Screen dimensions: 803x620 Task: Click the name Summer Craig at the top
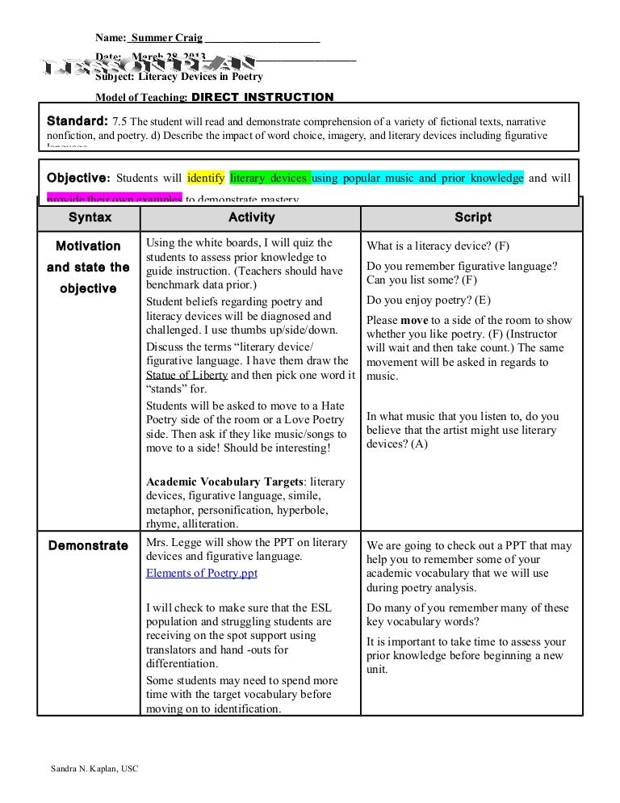167,38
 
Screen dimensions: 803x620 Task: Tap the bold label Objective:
77,178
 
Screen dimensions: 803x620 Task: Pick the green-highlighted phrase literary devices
268,178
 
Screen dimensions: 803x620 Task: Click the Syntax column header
90,218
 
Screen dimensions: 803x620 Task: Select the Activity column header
251,218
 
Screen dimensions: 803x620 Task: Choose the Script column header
472,218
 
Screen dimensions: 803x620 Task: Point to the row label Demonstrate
88,545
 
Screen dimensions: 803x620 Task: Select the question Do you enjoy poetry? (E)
428,301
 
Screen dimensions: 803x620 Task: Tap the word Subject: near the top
115,78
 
